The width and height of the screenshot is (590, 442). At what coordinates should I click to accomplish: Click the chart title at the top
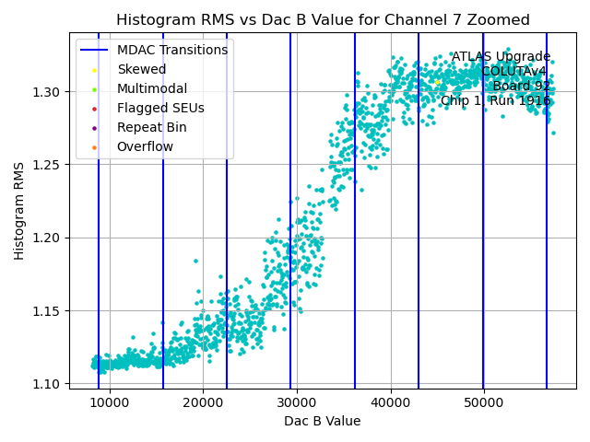click(x=323, y=19)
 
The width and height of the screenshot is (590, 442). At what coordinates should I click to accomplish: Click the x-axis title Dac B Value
click(x=322, y=421)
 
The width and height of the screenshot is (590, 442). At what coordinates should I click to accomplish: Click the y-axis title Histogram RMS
click(x=19, y=211)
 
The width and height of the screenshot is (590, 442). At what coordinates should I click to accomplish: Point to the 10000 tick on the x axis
click(x=110, y=402)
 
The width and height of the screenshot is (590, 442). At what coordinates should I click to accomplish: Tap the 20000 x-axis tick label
click(x=203, y=402)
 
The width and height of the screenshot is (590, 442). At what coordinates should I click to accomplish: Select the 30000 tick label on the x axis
click(x=297, y=402)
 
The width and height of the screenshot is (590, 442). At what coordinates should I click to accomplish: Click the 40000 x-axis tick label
click(x=391, y=402)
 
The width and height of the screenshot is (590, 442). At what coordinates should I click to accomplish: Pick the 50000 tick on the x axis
click(x=484, y=402)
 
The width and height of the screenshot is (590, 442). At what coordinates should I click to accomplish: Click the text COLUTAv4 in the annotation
click(x=515, y=72)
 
